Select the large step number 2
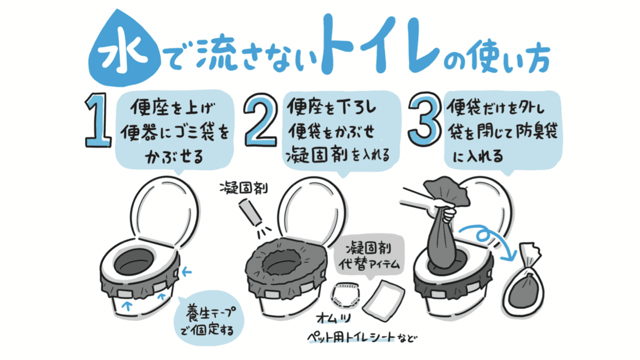[x=260, y=120]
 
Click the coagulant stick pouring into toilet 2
[x=250, y=213]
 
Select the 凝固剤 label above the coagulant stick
[x=244, y=188]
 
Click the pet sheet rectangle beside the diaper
[x=383, y=300]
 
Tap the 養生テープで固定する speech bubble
[x=209, y=320]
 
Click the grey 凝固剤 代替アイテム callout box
[x=369, y=256]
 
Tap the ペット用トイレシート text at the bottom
[x=352, y=337]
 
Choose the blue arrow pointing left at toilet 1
[x=186, y=272]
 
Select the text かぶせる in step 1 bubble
[x=174, y=156]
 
